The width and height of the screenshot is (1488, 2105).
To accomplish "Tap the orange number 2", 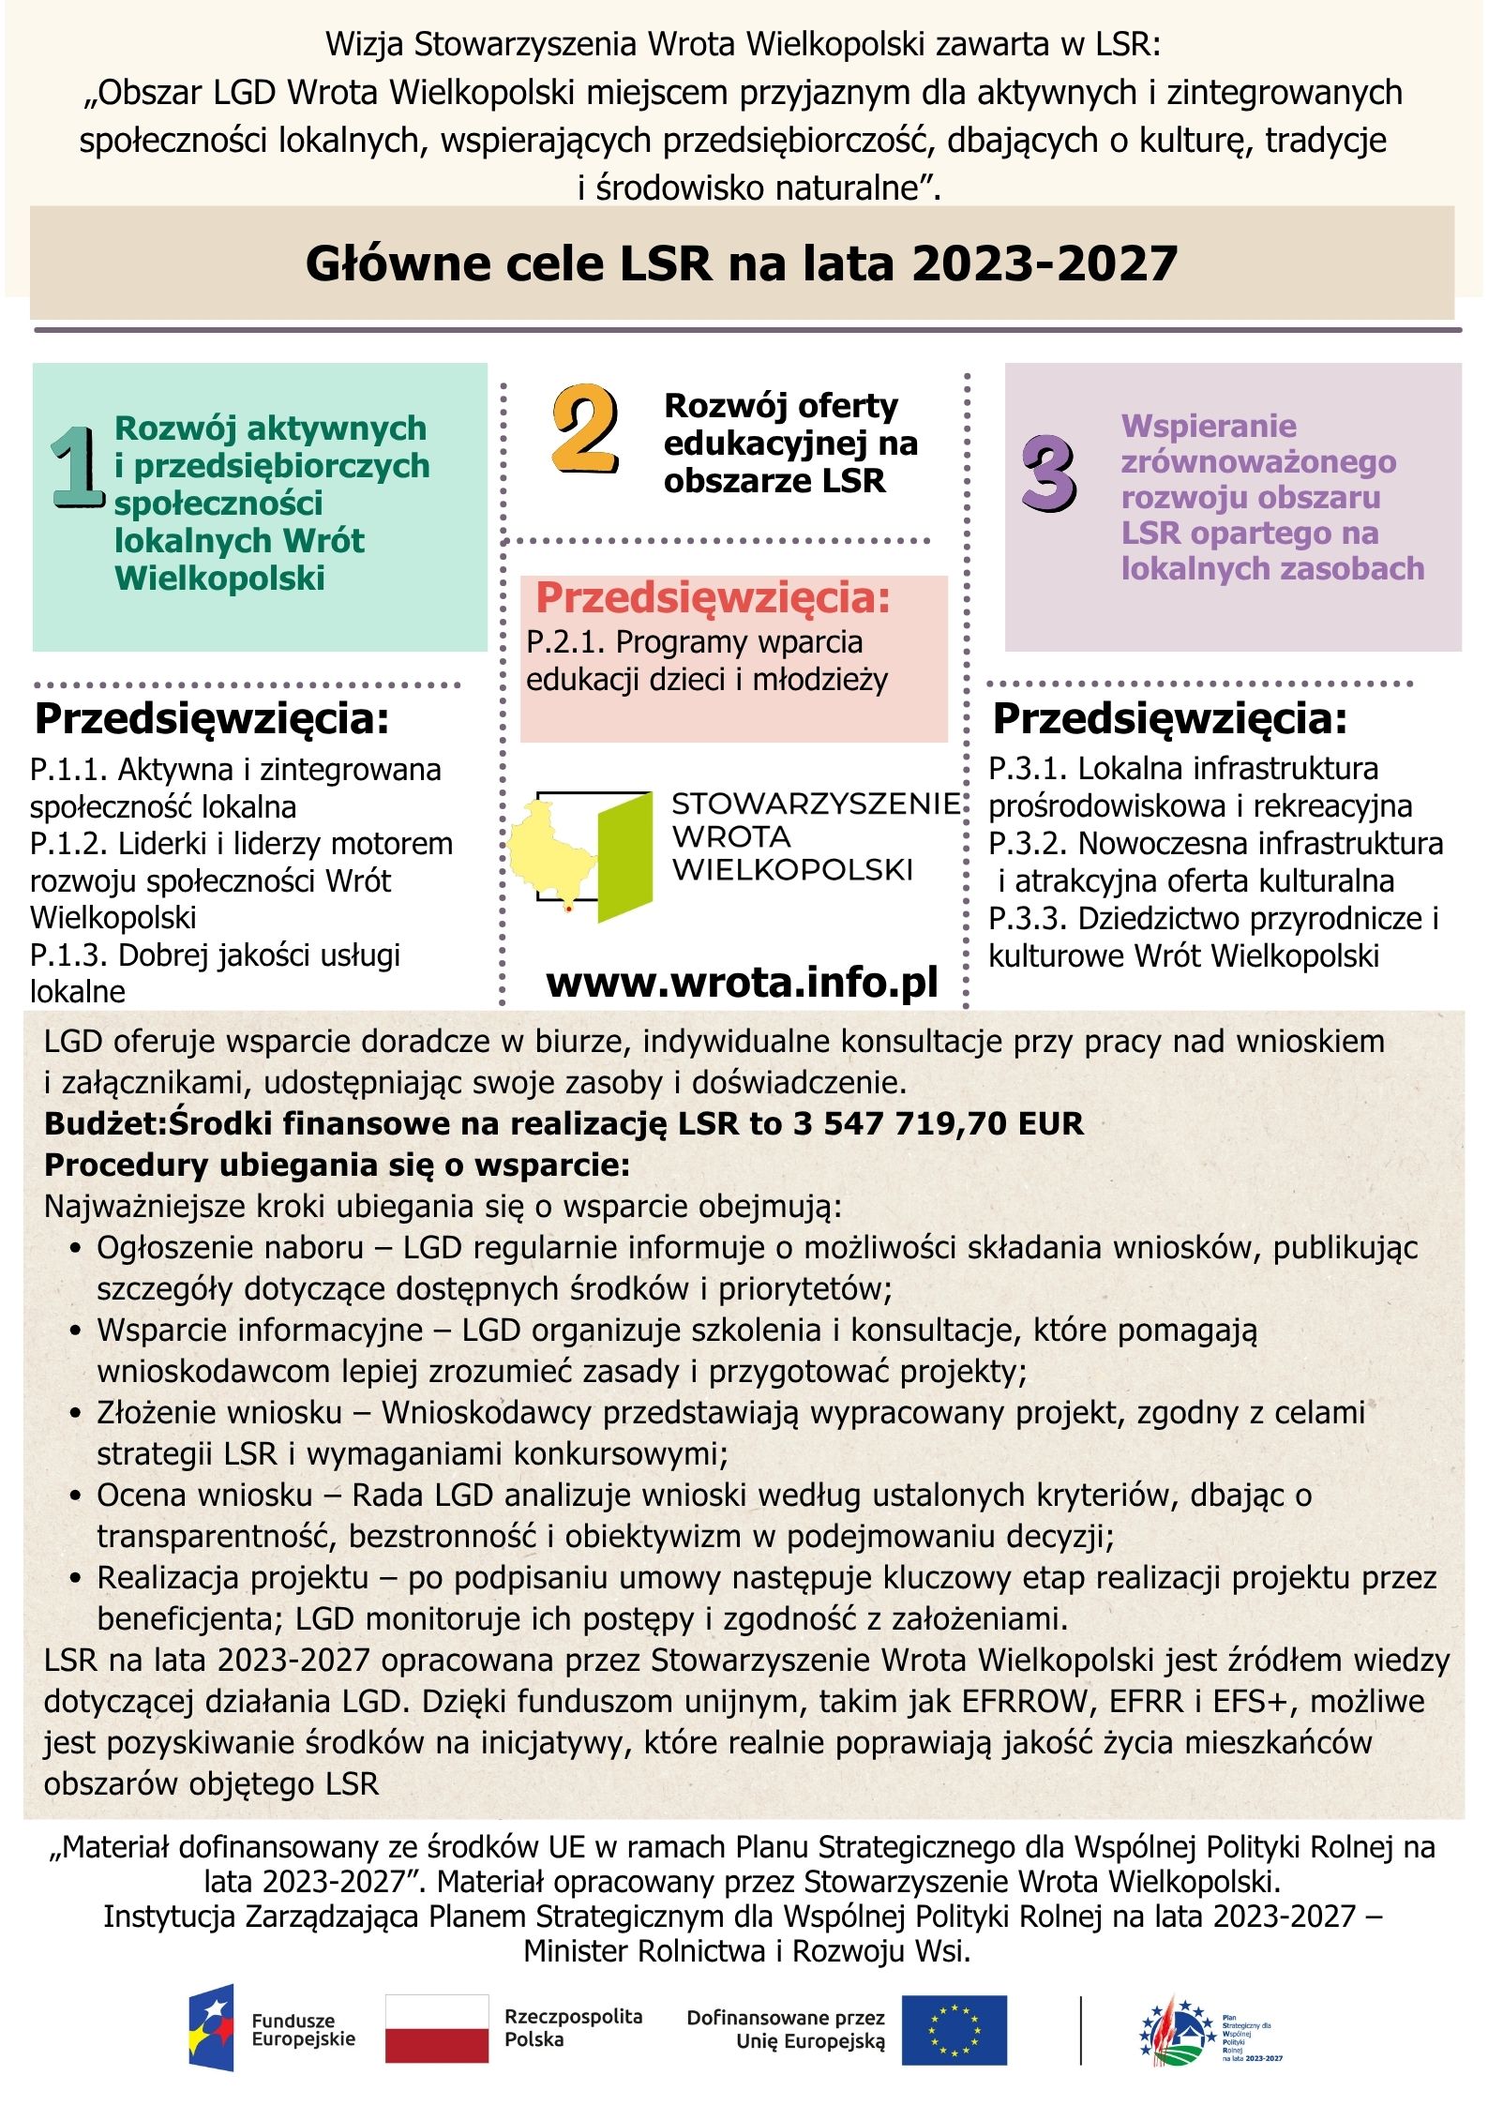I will (x=585, y=429).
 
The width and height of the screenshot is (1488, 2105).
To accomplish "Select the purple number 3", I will (x=1048, y=474).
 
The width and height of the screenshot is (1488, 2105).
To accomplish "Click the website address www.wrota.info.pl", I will (x=742, y=983).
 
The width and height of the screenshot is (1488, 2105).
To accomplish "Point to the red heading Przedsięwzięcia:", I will (x=713, y=598).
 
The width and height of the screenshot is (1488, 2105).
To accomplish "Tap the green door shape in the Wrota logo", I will (x=624, y=855).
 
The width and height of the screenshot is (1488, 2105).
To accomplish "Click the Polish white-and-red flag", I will (x=436, y=2029).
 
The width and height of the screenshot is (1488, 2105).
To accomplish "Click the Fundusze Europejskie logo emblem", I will (x=211, y=2027).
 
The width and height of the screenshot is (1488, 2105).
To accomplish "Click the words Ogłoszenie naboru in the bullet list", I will (x=230, y=1248).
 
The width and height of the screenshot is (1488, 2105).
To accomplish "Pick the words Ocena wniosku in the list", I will (x=204, y=1495).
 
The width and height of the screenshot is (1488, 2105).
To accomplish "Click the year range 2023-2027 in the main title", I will (x=1045, y=263).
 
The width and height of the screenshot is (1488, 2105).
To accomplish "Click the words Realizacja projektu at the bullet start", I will (x=233, y=1577).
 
